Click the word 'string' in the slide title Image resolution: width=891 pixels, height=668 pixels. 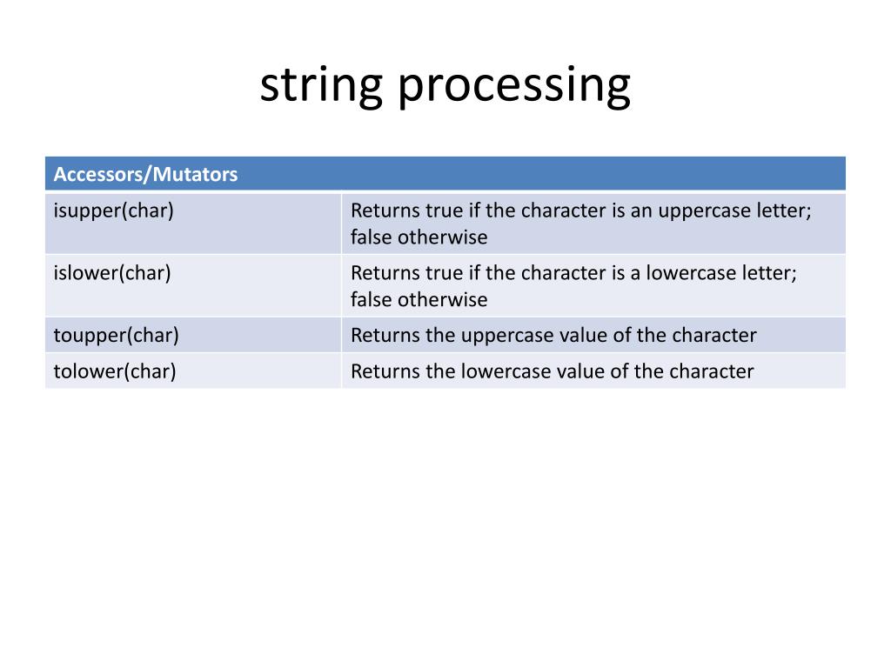click(320, 87)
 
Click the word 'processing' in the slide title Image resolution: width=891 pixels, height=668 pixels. click(513, 87)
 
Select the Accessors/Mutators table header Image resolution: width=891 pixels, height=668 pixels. click(145, 175)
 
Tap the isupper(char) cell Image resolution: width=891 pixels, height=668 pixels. click(113, 211)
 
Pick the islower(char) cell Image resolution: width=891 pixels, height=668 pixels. click(112, 273)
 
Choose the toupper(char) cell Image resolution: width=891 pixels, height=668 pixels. click(116, 335)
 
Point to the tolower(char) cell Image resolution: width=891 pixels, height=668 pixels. click(115, 371)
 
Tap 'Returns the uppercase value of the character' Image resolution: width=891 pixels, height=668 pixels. click(553, 335)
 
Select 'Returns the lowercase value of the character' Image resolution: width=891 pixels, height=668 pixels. click(552, 371)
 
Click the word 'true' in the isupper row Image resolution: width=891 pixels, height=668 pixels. click(444, 211)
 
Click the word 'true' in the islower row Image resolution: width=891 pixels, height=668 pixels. click(444, 273)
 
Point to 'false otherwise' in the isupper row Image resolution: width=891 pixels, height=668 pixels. click(419, 237)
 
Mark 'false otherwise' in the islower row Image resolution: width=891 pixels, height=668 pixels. click(419, 299)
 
